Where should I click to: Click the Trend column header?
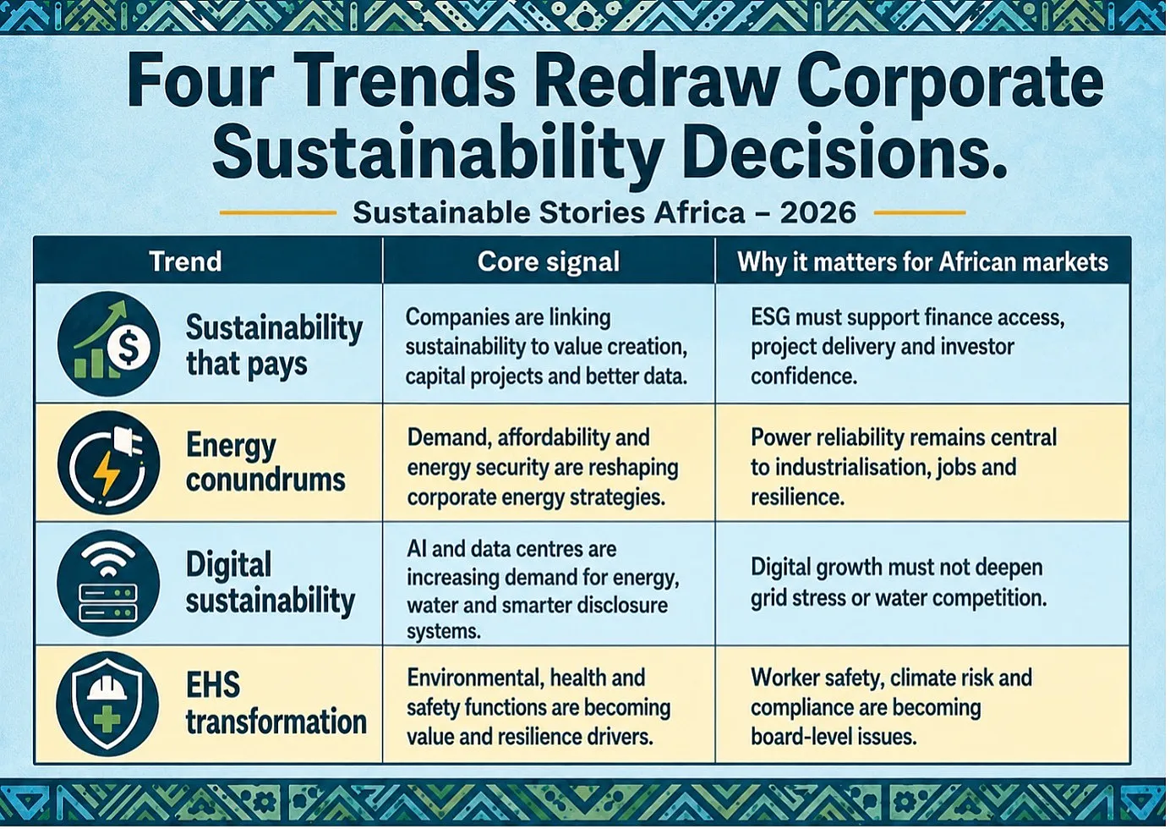(x=185, y=261)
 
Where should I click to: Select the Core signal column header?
(x=549, y=261)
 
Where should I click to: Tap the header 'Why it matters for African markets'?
(x=923, y=262)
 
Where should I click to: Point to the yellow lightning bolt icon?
(x=109, y=474)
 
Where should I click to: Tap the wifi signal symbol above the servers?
(x=108, y=557)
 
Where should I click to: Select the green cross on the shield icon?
(x=107, y=720)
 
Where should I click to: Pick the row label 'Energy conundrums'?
(x=265, y=463)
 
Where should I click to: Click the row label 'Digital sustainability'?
(x=270, y=583)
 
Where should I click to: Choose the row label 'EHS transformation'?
(x=276, y=704)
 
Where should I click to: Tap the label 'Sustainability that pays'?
(x=274, y=345)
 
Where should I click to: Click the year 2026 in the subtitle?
(x=818, y=212)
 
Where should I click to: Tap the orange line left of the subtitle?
(x=278, y=212)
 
